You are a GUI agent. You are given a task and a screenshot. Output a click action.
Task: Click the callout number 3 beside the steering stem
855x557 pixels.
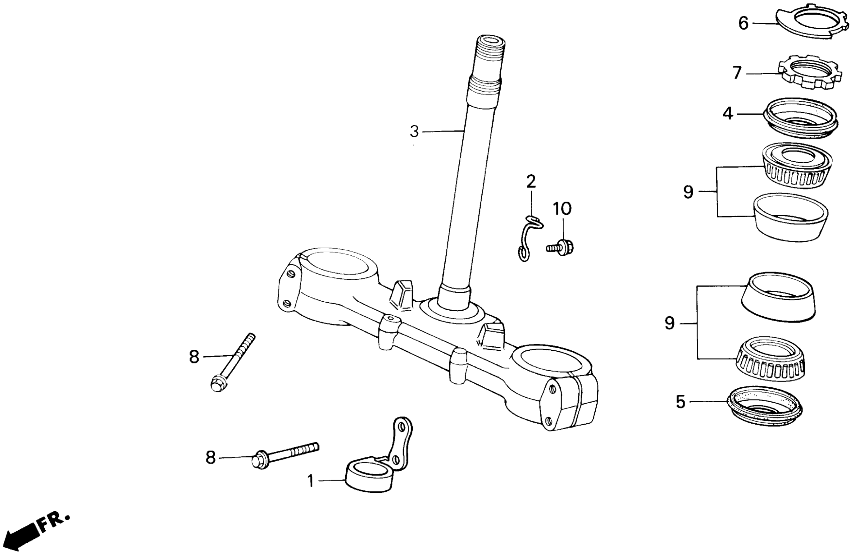coord(414,131)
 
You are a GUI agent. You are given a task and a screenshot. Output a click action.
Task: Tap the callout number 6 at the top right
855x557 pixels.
coord(743,23)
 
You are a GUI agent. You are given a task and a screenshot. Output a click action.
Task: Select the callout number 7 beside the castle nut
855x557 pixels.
coord(737,73)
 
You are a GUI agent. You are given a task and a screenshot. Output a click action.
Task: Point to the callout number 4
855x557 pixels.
coord(728,114)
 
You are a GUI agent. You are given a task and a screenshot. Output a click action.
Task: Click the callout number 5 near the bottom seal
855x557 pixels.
coord(681,401)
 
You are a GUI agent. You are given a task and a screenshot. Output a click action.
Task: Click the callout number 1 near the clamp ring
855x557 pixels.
coord(311,481)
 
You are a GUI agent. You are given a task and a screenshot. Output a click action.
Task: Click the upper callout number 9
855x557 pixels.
coord(688,192)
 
